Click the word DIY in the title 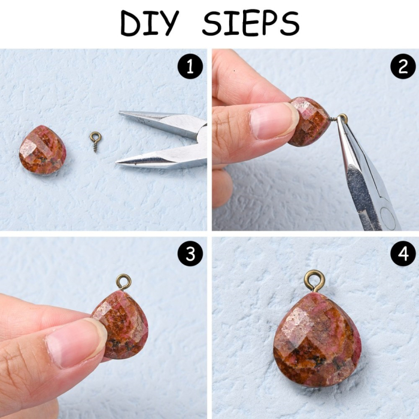[150, 23]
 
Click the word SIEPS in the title [251, 23]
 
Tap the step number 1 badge [190, 66]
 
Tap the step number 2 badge [403, 66]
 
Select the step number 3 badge [190, 253]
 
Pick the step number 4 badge [403, 253]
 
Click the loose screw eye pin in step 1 [95, 141]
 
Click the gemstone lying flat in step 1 [42, 150]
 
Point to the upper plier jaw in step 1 [163, 122]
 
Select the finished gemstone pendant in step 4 [317, 339]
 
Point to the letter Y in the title [168, 23]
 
